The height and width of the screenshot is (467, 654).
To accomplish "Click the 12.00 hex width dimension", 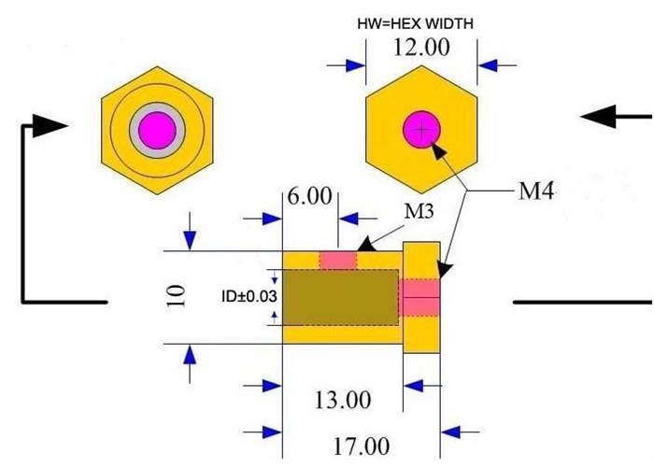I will click(421, 47).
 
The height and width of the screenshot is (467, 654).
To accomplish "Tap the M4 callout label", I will click(537, 192).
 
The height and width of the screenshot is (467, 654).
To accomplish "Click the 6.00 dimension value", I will click(309, 196).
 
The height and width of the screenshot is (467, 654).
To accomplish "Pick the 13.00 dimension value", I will click(343, 401).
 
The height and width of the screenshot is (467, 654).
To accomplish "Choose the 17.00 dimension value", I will click(362, 446).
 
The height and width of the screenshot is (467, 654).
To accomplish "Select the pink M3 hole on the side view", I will click(338, 259).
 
